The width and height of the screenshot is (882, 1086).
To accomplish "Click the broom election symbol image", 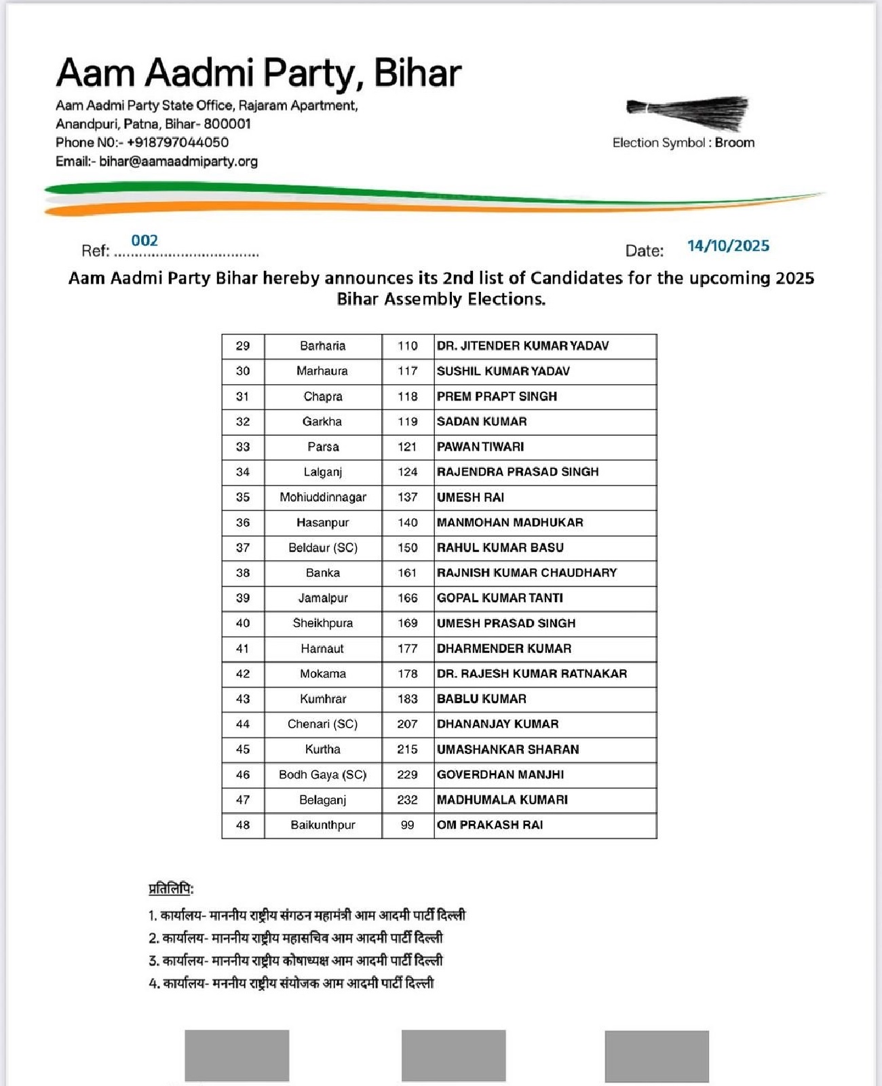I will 687,112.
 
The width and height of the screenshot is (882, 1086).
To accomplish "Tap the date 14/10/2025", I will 728,246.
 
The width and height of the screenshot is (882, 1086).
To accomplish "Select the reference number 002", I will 145,240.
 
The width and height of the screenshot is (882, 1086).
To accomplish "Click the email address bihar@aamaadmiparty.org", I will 178,162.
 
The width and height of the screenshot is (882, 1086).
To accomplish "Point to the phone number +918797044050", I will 178,143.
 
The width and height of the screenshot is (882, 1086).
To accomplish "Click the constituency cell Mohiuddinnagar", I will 323,498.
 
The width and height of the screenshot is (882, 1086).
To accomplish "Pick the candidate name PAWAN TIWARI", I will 480,447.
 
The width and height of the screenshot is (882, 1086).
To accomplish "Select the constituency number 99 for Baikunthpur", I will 407,825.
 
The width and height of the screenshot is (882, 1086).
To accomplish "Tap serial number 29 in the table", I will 243,346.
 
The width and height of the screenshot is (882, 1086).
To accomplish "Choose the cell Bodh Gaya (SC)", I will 323,774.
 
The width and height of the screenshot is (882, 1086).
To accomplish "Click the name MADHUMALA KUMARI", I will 502,800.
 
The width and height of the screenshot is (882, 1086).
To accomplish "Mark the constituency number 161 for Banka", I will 407,573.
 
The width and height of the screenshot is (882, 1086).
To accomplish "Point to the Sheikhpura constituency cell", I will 323,623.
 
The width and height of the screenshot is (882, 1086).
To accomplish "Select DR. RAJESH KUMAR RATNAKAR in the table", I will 532,674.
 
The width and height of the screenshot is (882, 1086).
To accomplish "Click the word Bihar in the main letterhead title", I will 417,73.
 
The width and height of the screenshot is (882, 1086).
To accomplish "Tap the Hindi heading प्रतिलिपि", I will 171,888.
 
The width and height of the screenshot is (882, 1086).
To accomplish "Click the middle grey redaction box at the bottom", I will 453,1055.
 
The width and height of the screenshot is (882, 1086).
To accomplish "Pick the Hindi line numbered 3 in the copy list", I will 296,960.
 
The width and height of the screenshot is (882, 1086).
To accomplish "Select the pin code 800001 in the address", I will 227,124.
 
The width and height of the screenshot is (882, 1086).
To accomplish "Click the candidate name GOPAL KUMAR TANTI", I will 500,598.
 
